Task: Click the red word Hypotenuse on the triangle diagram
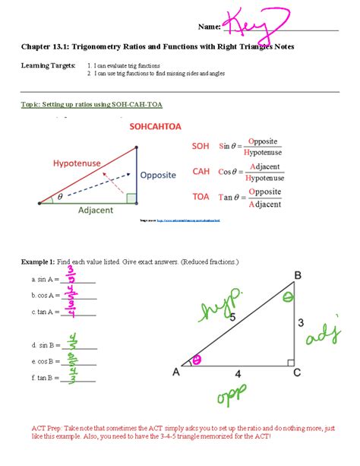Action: (x=77, y=163)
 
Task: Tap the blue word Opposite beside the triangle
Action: (x=158, y=174)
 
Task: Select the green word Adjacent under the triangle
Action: (x=96, y=210)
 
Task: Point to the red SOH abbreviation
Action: (x=200, y=146)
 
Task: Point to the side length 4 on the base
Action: (x=238, y=375)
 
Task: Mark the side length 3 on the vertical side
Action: (x=301, y=323)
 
